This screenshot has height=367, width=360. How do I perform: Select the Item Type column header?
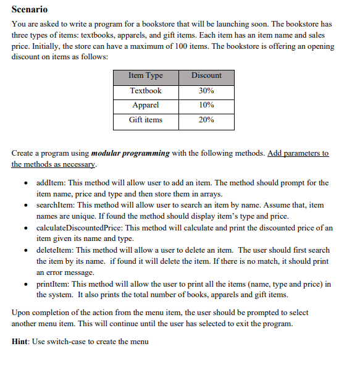(145, 75)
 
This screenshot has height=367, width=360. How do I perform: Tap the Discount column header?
(206, 75)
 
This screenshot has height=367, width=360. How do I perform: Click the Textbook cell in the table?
(145, 90)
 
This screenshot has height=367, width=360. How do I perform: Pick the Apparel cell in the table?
(145, 105)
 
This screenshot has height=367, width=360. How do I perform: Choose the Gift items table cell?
(145, 120)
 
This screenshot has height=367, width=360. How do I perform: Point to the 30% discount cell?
(206, 90)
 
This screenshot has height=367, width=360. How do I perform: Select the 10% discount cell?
(206, 105)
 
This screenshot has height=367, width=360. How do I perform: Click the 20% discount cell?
(206, 120)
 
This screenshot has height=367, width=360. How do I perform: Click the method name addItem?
(51, 183)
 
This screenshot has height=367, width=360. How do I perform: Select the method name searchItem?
(55, 205)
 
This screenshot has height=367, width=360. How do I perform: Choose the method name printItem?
(52, 284)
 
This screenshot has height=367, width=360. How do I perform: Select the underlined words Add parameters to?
(298, 153)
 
